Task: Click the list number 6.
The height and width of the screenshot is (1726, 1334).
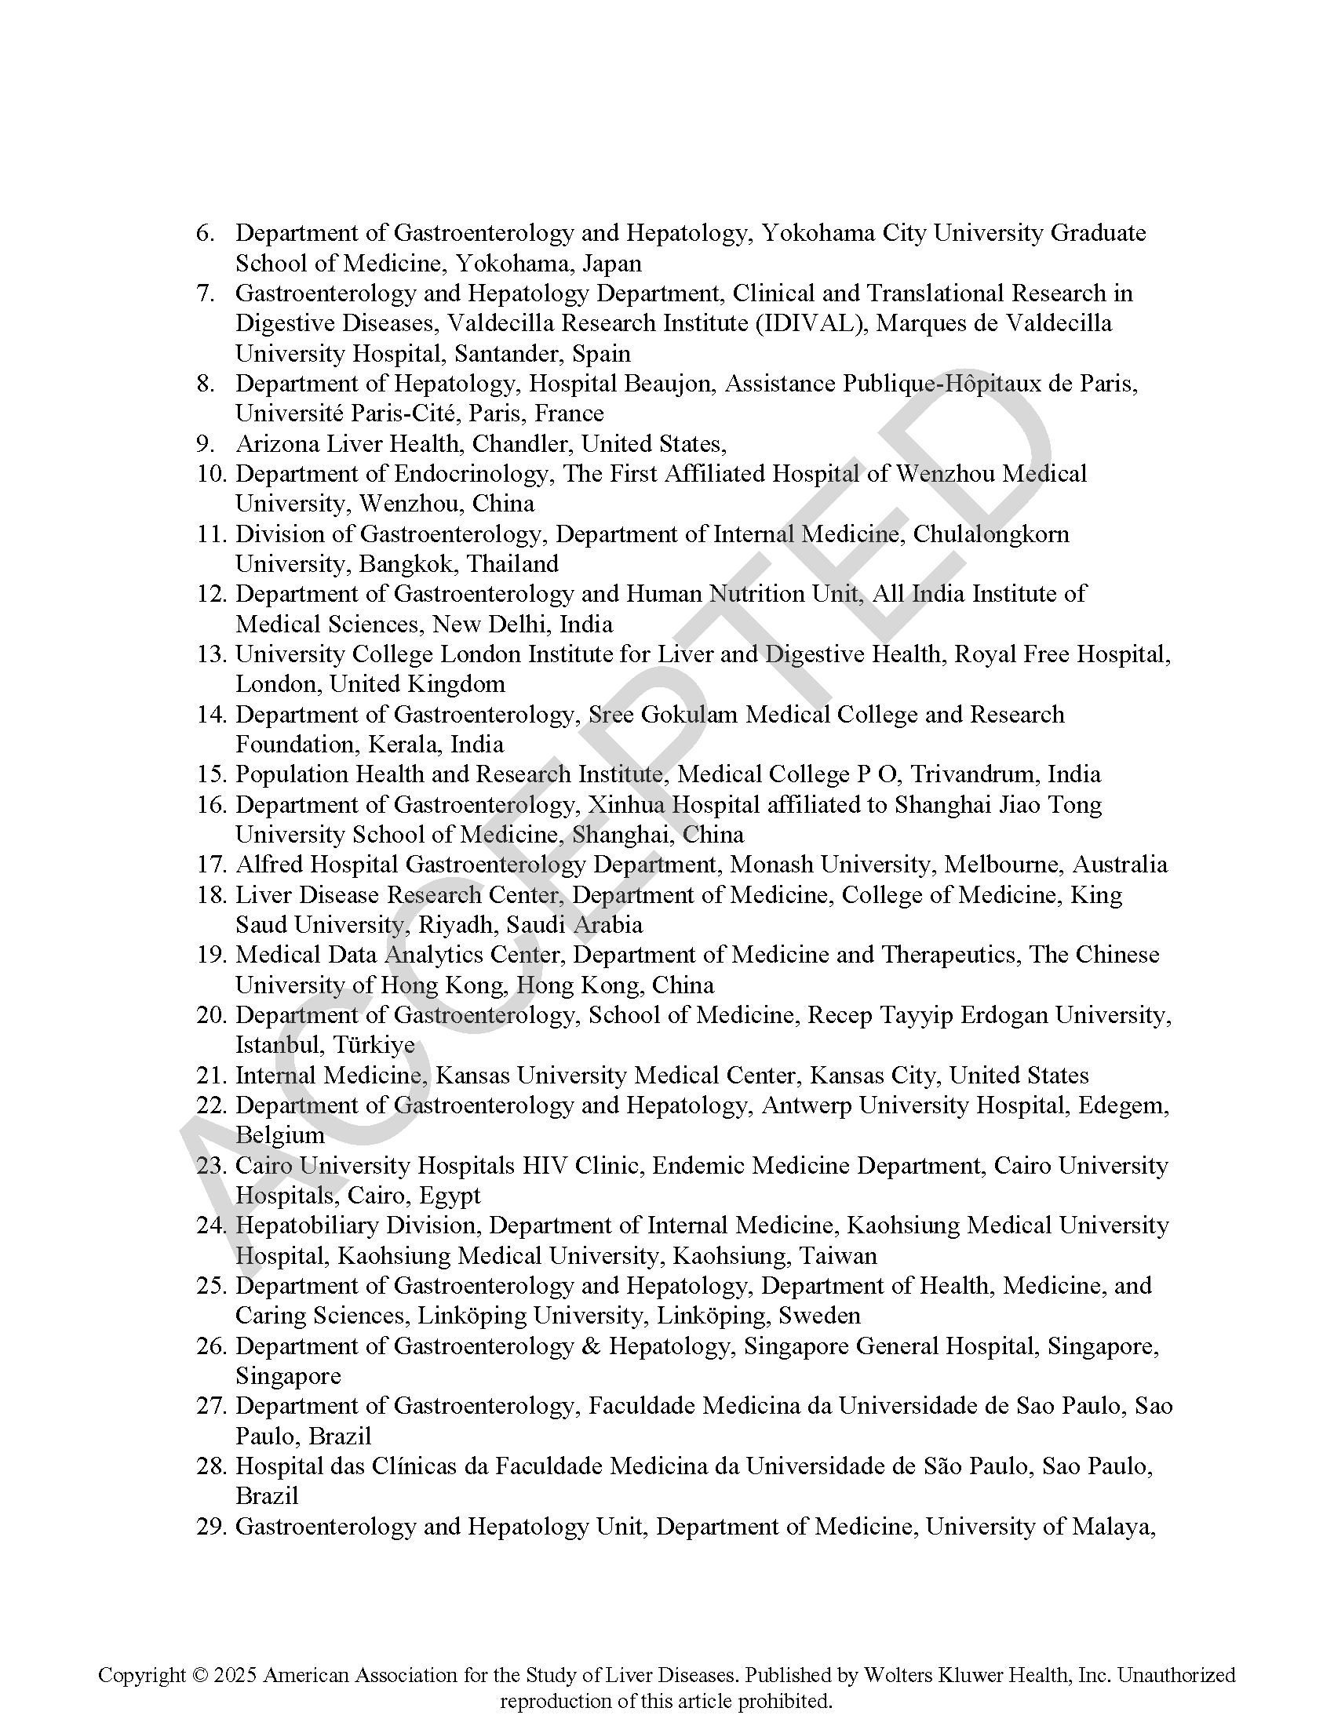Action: [205, 233]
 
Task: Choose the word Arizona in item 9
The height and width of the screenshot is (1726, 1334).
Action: [277, 443]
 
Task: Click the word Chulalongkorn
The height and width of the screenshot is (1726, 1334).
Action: [991, 534]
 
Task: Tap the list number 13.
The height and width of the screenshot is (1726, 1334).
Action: [211, 654]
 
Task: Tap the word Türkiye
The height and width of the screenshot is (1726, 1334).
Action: [373, 1046]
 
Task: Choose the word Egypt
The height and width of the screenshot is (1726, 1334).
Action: [449, 1196]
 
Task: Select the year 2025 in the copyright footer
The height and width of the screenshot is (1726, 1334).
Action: [235, 1675]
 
